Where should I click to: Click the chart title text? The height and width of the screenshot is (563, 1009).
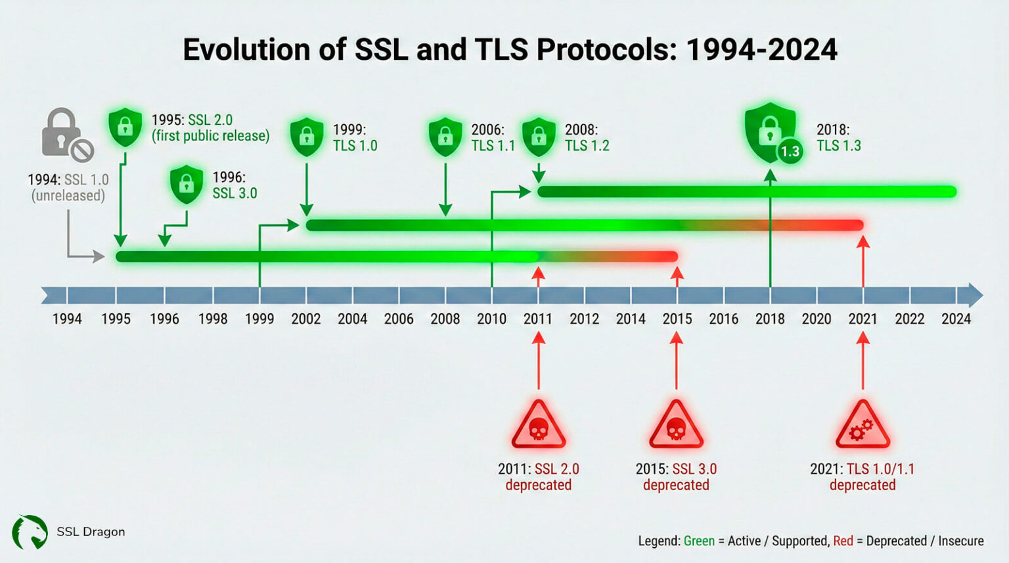pos(510,50)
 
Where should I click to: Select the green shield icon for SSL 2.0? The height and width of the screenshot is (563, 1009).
pos(125,127)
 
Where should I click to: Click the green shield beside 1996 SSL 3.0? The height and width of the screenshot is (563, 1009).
pos(187,184)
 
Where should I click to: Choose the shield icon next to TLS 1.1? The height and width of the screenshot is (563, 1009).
pos(445,137)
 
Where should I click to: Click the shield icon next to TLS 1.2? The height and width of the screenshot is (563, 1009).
pos(539,137)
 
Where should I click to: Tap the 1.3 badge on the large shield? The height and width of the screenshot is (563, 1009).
pos(790,152)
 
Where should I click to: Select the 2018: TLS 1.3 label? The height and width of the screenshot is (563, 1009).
pos(838,138)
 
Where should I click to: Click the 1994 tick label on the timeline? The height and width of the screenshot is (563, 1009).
pos(67,319)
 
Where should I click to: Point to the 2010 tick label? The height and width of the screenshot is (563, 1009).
pos(491,319)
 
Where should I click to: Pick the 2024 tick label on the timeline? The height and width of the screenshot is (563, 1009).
pos(956,319)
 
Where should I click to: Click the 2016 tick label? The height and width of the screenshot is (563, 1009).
pos(723,319)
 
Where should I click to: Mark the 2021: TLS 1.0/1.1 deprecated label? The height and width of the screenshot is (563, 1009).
pos(862,477)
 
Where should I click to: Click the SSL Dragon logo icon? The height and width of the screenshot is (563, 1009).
pos(30,532)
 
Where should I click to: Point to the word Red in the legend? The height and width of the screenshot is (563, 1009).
pos(843,541)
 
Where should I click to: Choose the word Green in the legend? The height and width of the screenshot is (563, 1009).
pos(699,541)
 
